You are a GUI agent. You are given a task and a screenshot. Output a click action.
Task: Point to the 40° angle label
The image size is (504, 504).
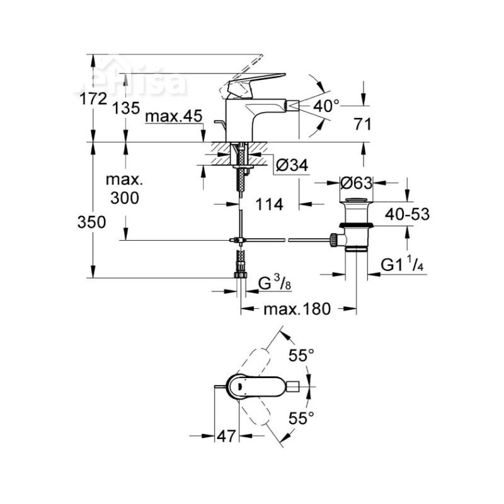(x=326, y=106)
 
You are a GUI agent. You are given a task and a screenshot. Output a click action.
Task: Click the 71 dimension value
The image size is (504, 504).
(x=361, y=124)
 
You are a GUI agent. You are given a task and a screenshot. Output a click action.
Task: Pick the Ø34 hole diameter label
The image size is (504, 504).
(x=292, y=166)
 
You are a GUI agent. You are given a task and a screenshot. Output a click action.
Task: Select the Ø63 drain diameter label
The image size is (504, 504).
(x=356, y=183)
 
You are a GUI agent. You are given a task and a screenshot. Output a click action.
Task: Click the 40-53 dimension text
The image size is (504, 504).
(x=408, y=214)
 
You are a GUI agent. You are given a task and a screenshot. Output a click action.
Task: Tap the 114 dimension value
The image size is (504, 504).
(x=268, y=204)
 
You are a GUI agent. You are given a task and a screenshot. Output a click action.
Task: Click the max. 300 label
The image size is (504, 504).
(x=125, y=189)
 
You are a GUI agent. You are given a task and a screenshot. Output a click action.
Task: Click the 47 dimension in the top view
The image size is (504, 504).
(x=227, y=435)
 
